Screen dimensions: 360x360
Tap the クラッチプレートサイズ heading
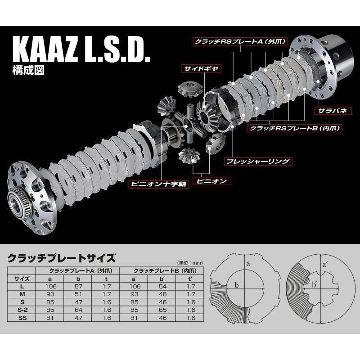62,258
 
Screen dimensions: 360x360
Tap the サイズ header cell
22,278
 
